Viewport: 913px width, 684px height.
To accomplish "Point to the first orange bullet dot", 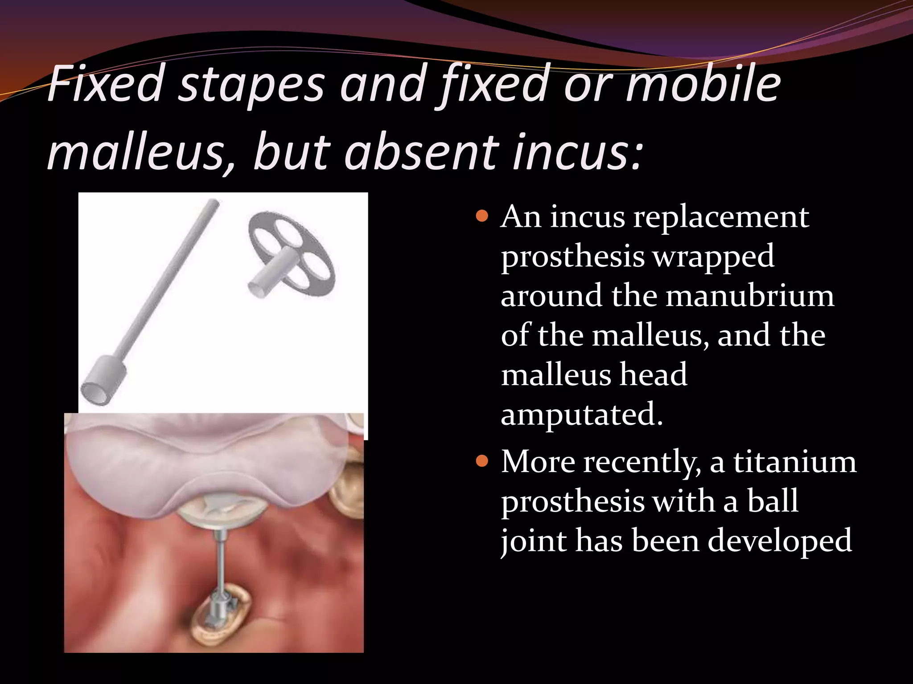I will pyautogui.click(x=482, y=217).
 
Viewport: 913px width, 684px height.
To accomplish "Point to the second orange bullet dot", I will pyautogui.click(x=482, y=461).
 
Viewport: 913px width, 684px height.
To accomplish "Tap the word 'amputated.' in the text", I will pyautogui.click(x=582, y=414).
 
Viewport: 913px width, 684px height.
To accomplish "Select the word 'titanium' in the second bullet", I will pyautogui.click(x=795, y=462).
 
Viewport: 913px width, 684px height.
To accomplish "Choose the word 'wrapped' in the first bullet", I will pyautogui.click(x=713, y=256).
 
